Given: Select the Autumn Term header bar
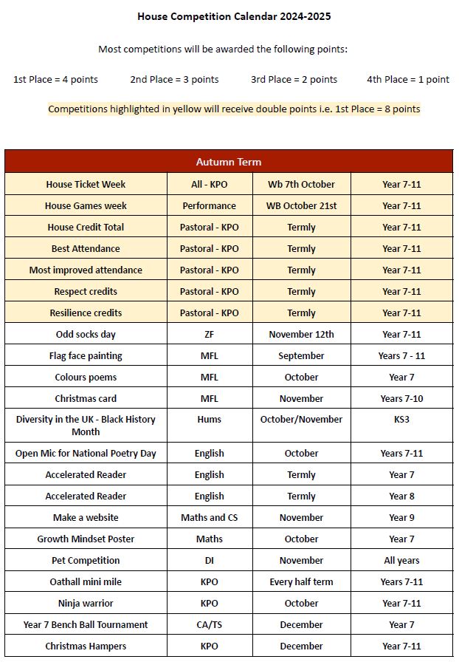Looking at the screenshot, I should [228, 162].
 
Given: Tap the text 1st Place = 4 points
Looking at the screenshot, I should [55, 79].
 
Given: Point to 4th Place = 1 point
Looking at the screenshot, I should [407, 79].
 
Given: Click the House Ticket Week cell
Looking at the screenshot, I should [86, 184].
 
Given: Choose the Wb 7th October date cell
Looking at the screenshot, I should [301, 184].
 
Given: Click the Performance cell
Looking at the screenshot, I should [210, 205].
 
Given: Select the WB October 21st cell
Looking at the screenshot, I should [301, 205].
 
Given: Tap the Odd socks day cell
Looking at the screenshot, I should [86, 334].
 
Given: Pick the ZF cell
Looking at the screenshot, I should [210, 334].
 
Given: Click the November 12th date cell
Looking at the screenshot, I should [301, 334].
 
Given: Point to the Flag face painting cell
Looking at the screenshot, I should [86, 355].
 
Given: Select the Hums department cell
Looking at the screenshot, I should [210, 419].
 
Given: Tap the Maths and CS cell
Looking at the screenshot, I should [210, 517].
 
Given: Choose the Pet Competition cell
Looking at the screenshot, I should [86, 560].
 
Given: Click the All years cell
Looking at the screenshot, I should [401, 560].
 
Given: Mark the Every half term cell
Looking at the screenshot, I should [301, 581].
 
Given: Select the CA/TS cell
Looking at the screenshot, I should [210, 624].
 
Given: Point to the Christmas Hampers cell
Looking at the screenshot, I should [86, 646].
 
